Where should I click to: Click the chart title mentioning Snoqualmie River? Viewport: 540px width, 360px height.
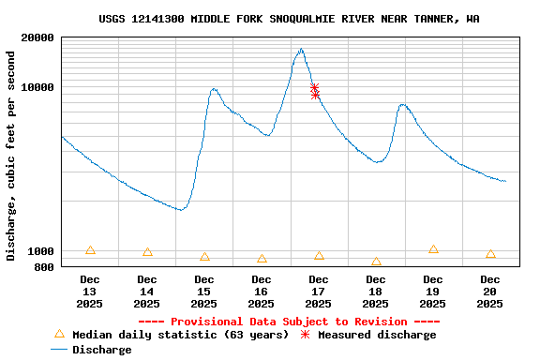tap(289, 19)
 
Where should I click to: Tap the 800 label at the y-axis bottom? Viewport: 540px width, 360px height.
tap(44, 267)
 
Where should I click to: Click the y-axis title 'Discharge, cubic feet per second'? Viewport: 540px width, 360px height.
tap(11, 156)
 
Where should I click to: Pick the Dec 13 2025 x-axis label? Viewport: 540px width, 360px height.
tap(90, 292)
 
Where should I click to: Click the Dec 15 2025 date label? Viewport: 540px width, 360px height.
tap(204, 292)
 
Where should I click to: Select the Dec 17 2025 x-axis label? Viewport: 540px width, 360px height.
tap(319, 292)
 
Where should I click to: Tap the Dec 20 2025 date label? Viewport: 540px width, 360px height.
tap(490, 292)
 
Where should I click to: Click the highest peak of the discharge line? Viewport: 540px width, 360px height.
tap(301, 50)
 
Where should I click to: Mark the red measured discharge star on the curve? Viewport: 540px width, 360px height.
tap(315, 90)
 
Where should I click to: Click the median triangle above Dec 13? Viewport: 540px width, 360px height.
tap(90, 250)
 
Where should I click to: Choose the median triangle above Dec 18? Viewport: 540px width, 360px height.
tap(376, 262)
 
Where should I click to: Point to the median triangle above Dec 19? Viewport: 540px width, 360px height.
tap(433, 249)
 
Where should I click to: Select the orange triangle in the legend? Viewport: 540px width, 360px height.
tap(59, 334)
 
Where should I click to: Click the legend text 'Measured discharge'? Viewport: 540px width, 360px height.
tap(376, 335)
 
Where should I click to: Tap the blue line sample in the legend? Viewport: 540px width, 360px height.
tap(59, 350)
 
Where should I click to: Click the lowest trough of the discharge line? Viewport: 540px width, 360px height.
tap(181, 209)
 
